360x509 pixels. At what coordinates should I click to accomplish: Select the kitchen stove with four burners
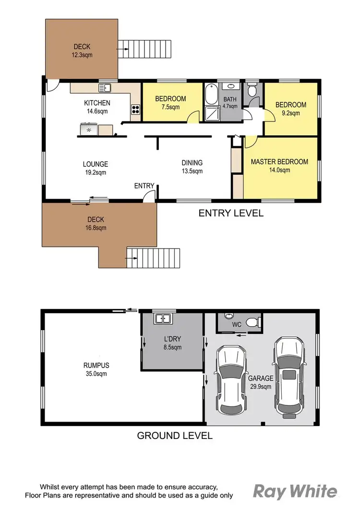coord(135,109)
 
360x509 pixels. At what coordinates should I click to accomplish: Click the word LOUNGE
coord(95,164)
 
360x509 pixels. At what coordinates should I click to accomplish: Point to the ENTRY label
coord(144,186)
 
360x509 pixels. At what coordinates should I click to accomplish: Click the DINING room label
coord(192,163)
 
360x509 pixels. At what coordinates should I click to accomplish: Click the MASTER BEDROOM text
coord(279,162)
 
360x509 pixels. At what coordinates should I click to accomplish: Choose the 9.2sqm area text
coord(290,113)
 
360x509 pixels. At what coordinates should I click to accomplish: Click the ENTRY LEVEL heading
coord(231,213)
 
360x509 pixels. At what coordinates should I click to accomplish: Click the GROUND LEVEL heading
coord(175,436)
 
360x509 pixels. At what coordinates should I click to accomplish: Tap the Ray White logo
coord(295,492)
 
